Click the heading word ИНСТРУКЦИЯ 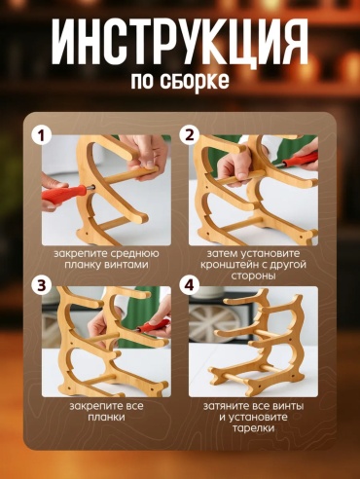point(179,42)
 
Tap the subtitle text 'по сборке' point(180,81)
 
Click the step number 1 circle point(41,136)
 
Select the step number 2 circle point(189,135)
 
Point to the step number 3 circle point(41,286)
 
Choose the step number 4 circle point(189,286)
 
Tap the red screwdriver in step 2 point(299,160)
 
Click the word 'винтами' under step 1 point(126,265)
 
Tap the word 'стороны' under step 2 point(253,276)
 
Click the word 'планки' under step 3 point(106,418)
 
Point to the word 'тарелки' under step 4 point(253,428)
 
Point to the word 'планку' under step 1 point(83,265)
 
